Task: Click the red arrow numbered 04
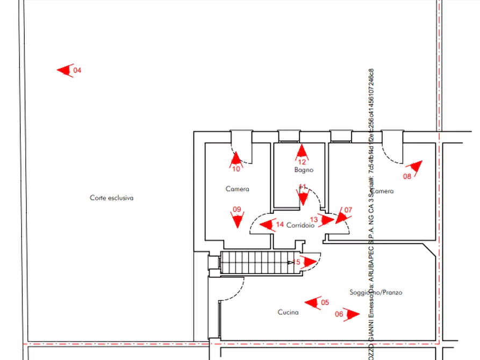[x=65, y=70]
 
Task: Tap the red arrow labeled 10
[x=235, y=159]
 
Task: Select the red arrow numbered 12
[x=302, y=153]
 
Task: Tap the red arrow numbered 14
[x=266, y=225]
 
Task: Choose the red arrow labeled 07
[x=342, y=215]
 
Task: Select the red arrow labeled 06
[x=352, y=314]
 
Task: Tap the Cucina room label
[x=288, y=313]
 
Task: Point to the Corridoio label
[x=300, y=225]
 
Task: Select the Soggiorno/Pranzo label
[x=375, y=292]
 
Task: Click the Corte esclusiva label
[x=111, y=198]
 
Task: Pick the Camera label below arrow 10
[x=237, y=189]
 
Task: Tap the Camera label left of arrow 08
[x=383, y=191]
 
